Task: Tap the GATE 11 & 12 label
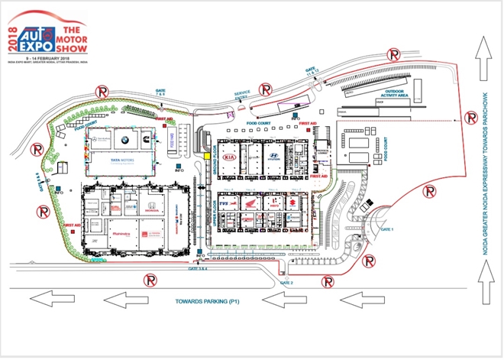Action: [x=312, y=70]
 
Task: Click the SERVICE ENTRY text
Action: [x=243, y=94]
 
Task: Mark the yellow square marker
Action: [x=206, y=156]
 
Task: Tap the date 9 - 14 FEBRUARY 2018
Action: [x=55, y=58]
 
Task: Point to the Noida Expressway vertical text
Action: [x=483, y=183]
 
